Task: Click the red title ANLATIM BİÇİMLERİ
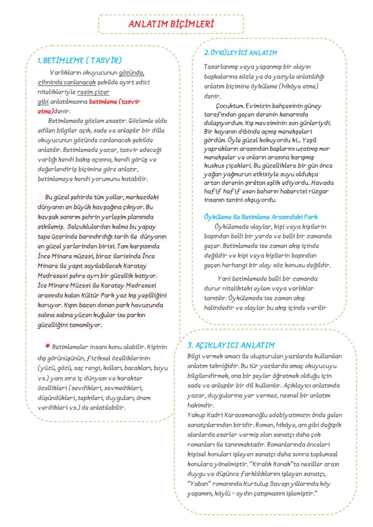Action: (x=171, y=24)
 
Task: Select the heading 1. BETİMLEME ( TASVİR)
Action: (x=79, y=60)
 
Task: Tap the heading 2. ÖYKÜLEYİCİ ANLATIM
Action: (x=241, y=53)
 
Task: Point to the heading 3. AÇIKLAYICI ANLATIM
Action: (x=231, y=346)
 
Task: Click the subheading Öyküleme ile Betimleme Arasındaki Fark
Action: (x=261, y=217)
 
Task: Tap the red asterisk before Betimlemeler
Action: (x=47, y=347)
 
